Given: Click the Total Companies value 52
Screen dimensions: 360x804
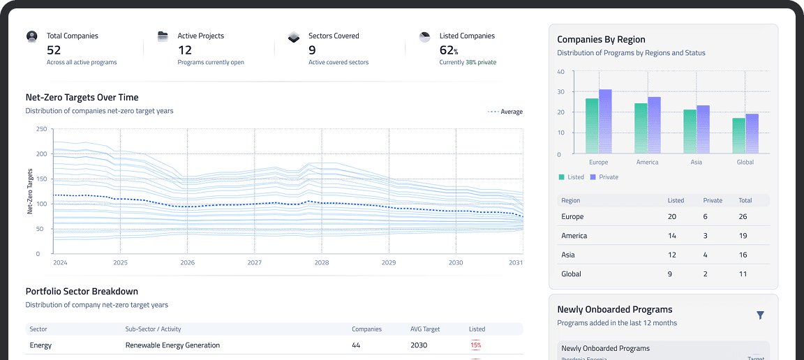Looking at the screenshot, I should [x=54, y=50].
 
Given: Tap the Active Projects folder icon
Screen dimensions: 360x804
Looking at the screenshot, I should [x=163, y=36].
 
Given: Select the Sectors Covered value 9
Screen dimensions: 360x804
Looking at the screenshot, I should [x=312, y=50].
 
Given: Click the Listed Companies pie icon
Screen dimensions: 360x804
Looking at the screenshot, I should [x=424, y=36].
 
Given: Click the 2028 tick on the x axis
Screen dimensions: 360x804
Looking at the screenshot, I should [x=321, y=263].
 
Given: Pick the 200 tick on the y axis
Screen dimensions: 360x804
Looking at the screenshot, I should [x=40, y=153].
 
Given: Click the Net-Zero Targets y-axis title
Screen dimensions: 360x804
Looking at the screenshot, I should [x=30, y=191].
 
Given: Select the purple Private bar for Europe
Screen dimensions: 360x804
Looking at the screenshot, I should [x=605, y=121].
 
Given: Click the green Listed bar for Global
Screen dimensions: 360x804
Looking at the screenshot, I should [x=738, y=136].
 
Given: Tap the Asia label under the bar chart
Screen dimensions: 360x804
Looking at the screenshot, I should [x=696, y=163].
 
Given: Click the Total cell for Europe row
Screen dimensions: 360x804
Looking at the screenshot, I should [x=743, y=217].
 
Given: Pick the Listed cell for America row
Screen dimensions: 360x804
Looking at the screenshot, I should [x=672, y=236].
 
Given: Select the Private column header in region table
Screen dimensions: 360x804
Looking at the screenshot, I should [x=713, y=200].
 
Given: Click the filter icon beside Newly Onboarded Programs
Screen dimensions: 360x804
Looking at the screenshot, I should [x=760, y=315].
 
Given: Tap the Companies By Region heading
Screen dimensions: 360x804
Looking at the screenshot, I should [x=601, y=40].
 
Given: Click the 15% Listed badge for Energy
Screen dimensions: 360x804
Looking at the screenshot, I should [x=475, y=345].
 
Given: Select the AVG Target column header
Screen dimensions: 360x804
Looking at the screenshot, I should [x=426, y=329].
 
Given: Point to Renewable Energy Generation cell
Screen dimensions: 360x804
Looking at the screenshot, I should [x=172, y=345].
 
